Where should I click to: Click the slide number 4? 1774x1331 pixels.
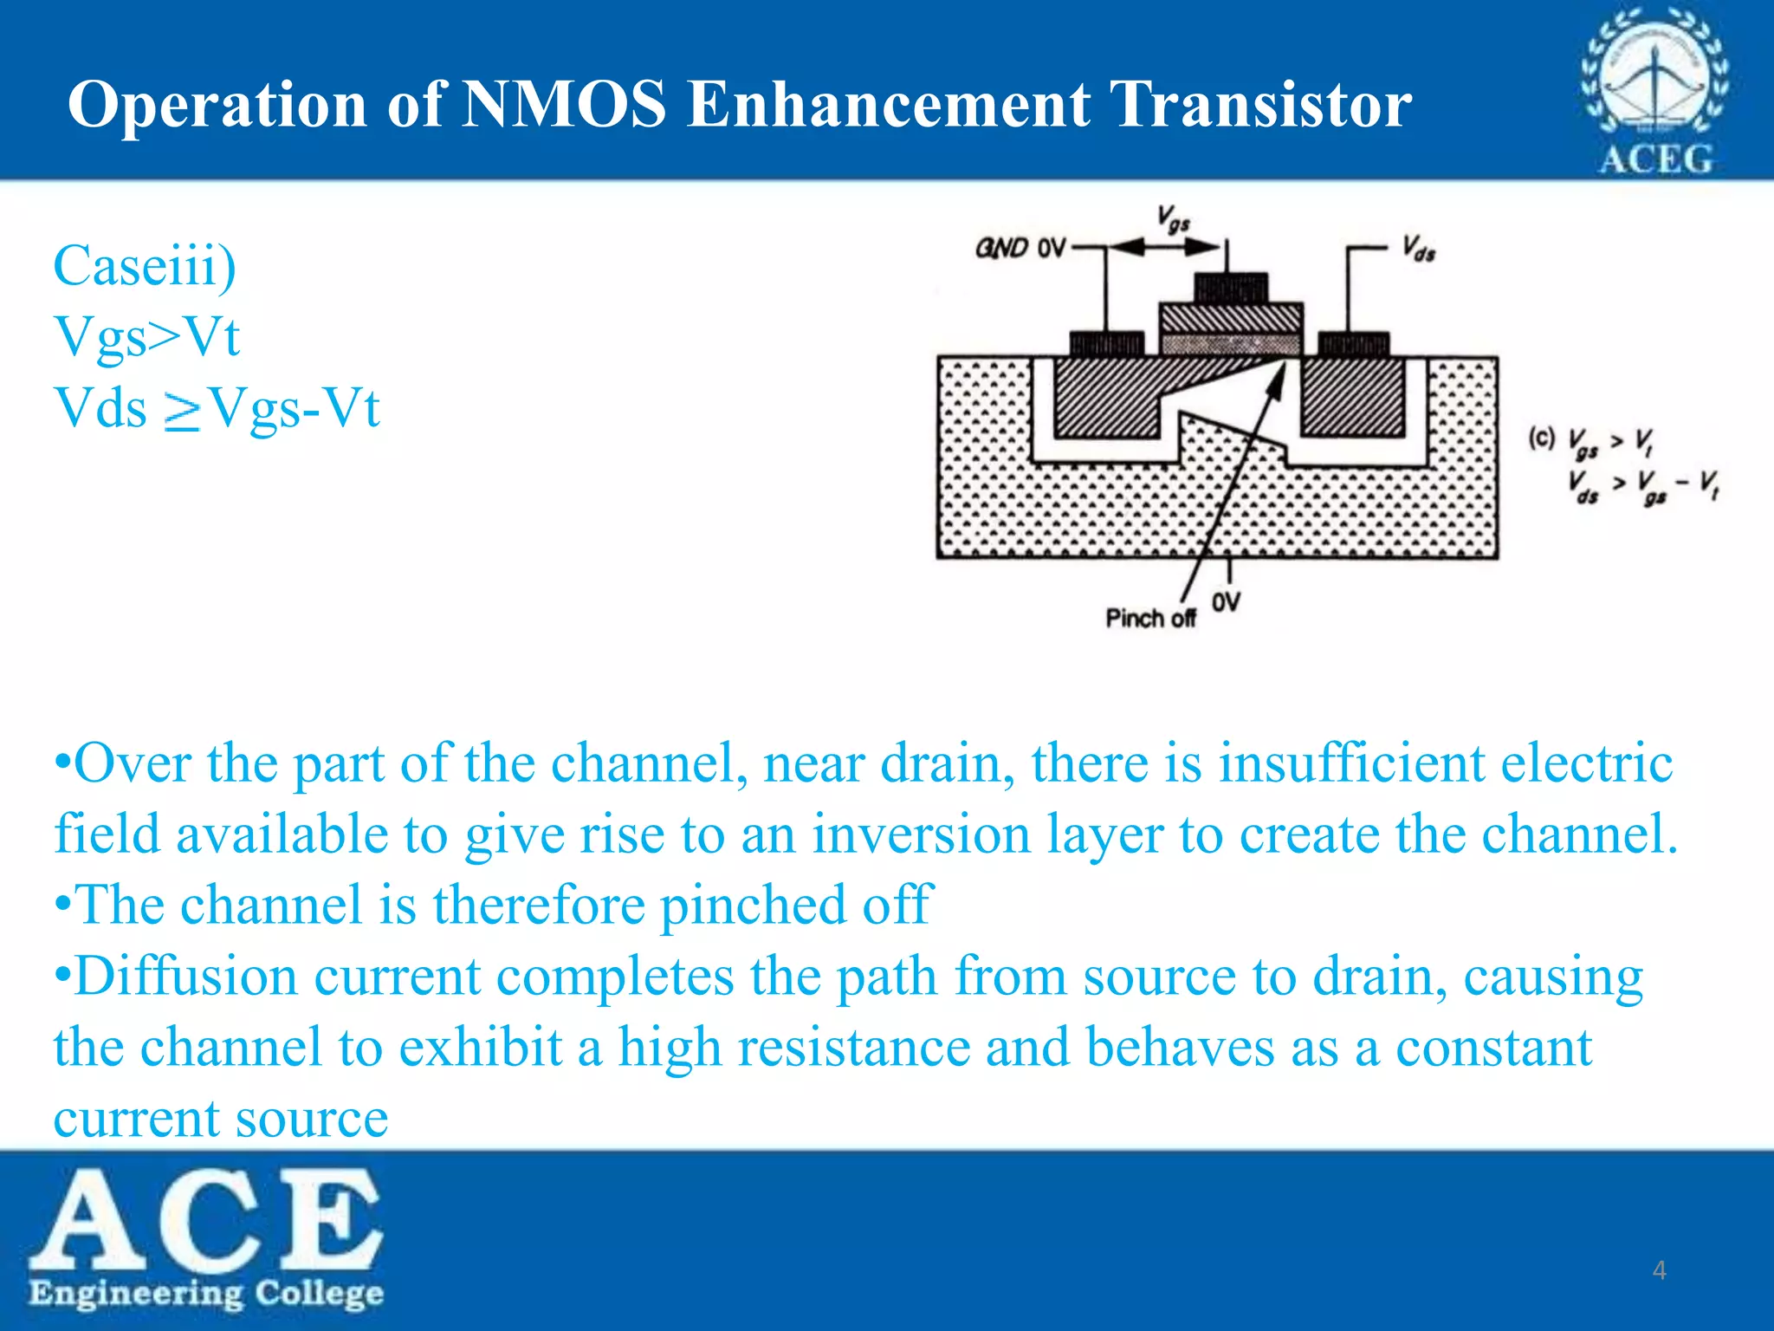1659,1270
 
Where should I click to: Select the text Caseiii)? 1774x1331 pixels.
145,265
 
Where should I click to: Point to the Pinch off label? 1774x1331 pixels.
1150,618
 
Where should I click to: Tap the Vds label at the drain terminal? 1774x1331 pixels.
1419,250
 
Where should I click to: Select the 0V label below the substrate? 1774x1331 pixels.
1226,601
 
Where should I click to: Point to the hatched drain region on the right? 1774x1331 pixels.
1352,397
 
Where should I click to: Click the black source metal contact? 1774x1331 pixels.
1106,344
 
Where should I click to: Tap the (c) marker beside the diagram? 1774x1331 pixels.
1542,438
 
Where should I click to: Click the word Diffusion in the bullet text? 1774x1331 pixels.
186,977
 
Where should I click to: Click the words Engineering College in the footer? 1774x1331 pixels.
206,1293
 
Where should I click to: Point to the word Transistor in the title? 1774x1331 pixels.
1260,105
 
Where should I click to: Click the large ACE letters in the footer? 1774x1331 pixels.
206,1218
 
